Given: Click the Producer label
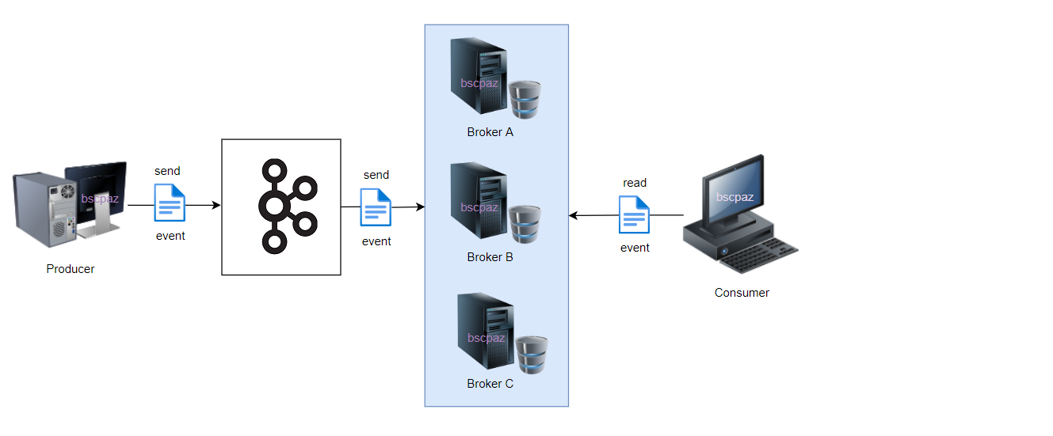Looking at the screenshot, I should click(70, 269).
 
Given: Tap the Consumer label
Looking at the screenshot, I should click(742, 293).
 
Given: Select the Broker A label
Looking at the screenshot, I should click(490, 132).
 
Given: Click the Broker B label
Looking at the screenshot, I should click(490, 257).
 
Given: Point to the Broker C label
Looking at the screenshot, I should click(490, 384).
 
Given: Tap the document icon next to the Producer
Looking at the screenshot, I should click(170, 203).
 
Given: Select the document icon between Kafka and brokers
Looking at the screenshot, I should click(376, 207).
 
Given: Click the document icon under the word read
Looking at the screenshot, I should click(634, 214).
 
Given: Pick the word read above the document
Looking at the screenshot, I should click(635, 183).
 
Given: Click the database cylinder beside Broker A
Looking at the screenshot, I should click(525, 99).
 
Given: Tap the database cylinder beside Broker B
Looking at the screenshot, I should click(525, 224).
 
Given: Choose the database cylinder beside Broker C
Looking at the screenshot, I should click(532, 354).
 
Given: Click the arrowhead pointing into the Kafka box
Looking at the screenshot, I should click(216, 205).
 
